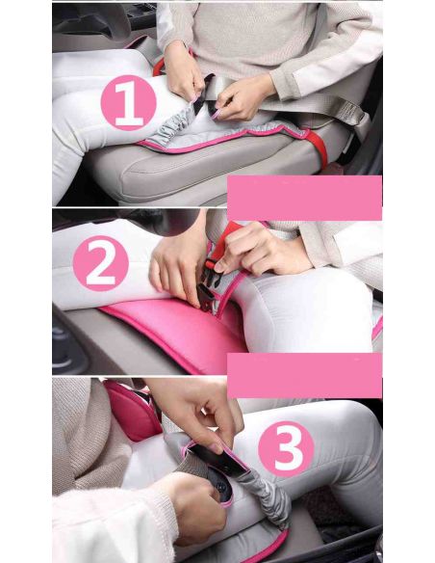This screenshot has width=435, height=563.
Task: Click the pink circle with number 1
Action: (x=128, y=103)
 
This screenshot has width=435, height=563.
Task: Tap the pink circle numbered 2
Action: (x=100, y=263)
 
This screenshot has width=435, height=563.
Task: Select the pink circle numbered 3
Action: (x=286, y=449)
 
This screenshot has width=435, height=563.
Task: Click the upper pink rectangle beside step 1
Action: (x=304, y=198)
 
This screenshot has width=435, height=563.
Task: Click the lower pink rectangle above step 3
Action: (x=304, y=375)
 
